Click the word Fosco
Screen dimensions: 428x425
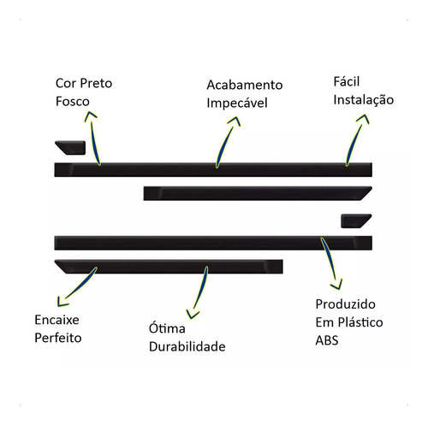(73, 102)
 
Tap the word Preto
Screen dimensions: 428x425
(96, 83)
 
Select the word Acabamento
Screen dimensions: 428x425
(245, 85)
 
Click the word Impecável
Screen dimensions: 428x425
(237, 103)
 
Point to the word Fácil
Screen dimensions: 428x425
(347, 81)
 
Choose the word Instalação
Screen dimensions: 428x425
(364, 100)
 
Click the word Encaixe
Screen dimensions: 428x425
(56, 320)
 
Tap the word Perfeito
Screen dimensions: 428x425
(58, 338)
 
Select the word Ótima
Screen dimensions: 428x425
(167, 328)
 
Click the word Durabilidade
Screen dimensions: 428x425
(187, 346)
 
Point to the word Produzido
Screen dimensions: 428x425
(345, 304)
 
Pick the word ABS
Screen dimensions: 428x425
(327, 340)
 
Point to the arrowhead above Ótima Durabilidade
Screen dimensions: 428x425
(192, 314)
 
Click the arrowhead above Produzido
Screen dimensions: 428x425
(337, 286)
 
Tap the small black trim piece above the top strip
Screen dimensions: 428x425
(70, 148)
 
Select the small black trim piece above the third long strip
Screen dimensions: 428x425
(356, 221)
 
